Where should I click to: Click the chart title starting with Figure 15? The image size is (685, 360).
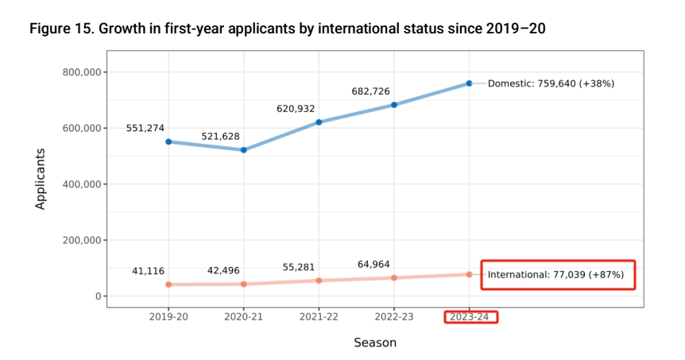287,29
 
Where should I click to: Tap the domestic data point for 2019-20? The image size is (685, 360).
168,141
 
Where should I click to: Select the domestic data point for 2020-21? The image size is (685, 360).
244,150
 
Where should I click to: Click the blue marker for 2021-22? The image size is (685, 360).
319,122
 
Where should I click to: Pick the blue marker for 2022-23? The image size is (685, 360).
394,105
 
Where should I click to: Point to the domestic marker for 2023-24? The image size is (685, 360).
469,83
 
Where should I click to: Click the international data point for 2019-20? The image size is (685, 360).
168,285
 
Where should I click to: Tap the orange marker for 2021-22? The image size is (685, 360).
319,281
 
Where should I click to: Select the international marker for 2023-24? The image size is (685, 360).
469,274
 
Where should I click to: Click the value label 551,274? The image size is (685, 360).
145,127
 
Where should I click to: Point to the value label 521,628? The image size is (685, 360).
220,137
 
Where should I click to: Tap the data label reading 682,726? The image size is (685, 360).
370,91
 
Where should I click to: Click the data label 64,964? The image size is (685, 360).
373,264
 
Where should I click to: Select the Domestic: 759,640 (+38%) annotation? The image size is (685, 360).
551,83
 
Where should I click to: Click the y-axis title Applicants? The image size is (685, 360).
41,179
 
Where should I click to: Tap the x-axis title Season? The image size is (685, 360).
374,343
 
